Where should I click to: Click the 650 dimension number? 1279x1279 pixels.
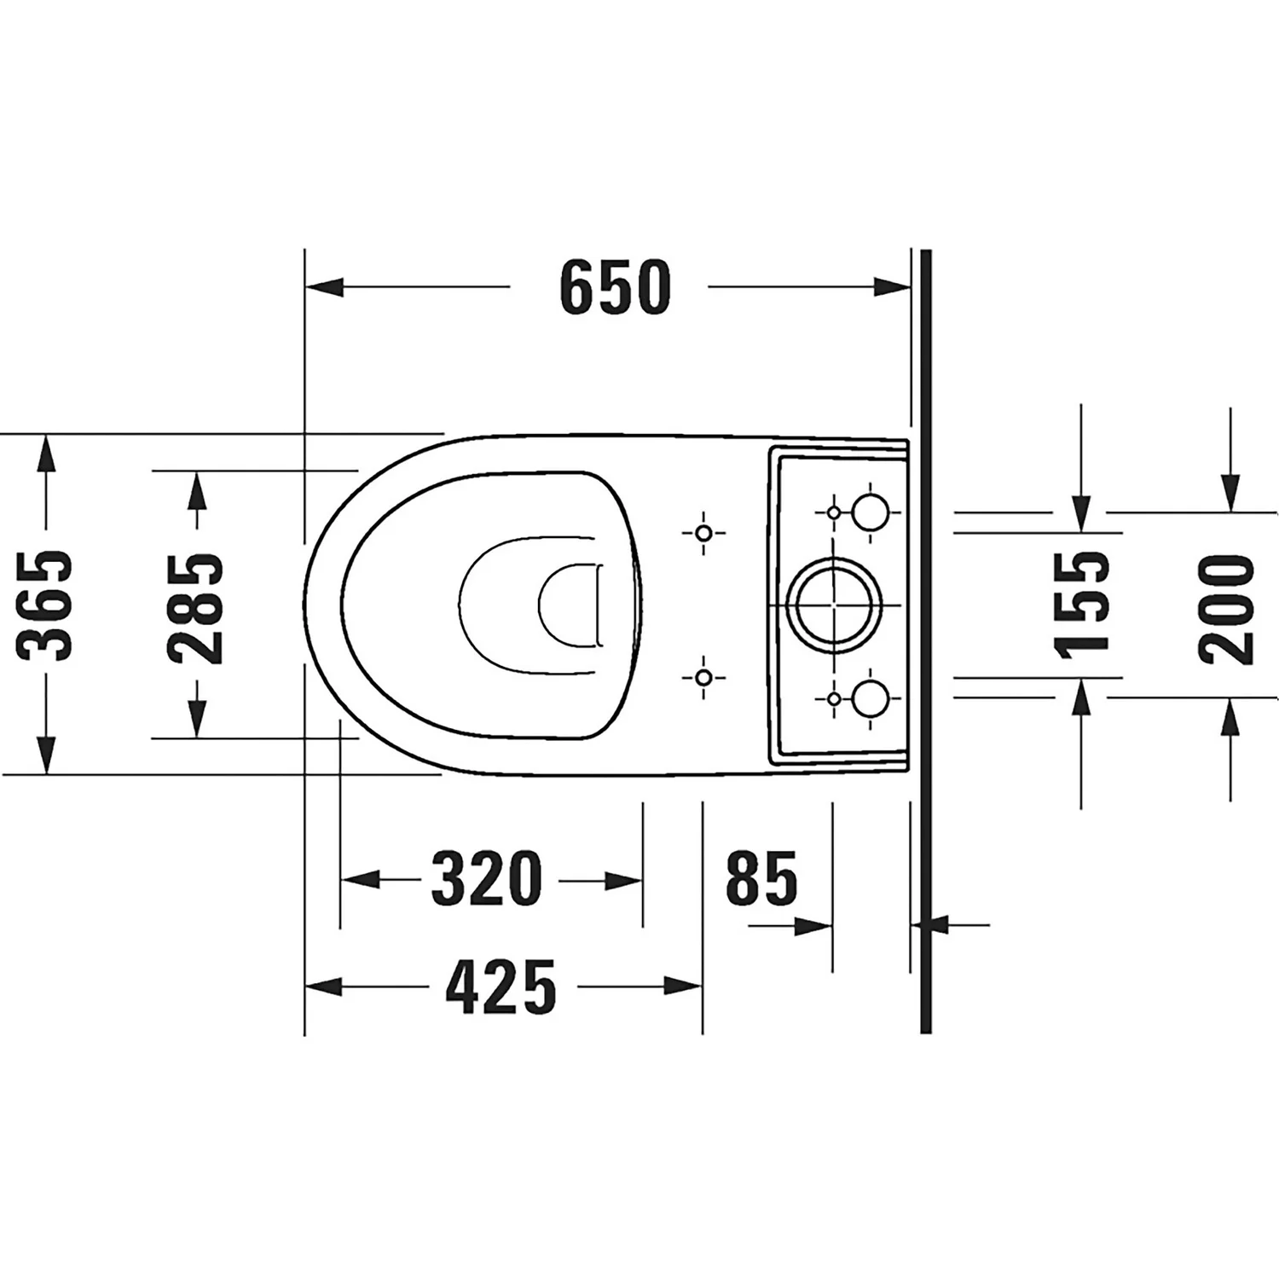click(616, 287)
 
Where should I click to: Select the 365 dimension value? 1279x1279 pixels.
click(45, 605)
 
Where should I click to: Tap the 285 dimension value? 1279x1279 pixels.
click(195, 608)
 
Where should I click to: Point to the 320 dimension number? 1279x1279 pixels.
click(487, 878)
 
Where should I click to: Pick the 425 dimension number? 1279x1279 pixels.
click(501, 987)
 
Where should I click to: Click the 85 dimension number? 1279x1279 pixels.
click(761, 878)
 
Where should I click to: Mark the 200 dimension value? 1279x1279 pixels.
click(1227, 608)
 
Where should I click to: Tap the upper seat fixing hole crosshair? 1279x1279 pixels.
click(703, 534)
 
